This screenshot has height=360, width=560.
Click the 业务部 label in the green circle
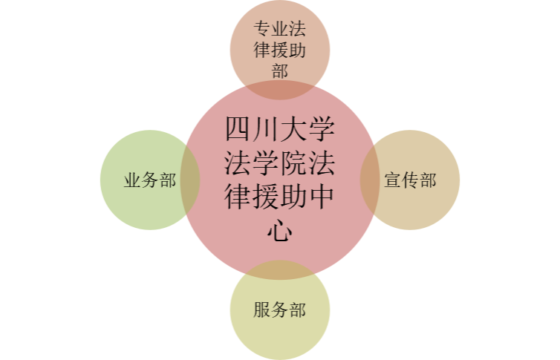pos(150,180)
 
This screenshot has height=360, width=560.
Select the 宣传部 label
pos(410,180)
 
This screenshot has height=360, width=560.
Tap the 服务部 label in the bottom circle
pos(280,310)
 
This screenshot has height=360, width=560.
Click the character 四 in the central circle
pos(238,129)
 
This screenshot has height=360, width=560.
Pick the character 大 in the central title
pos(293,129)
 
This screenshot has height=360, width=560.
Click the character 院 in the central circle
pos(293,163)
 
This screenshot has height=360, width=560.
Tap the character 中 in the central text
pos(322,197)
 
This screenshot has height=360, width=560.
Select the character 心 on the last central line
pos(280,231)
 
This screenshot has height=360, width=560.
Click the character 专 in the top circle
pos(262,28)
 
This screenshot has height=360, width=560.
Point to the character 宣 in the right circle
pos(392,180)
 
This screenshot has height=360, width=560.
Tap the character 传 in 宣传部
pos(410,180)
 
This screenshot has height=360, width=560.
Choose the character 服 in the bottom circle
pos(262,310)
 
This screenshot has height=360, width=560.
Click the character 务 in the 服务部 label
pos(280,310)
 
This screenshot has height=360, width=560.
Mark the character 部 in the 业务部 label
pos(168,180)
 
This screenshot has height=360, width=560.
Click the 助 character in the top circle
pos(297,50)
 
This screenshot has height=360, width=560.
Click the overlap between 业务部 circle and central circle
pos(190,180)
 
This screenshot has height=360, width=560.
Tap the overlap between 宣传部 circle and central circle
pos(370,180)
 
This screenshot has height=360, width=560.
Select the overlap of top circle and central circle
pos(280,91)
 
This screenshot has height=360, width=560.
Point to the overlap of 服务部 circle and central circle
pos(280,269)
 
